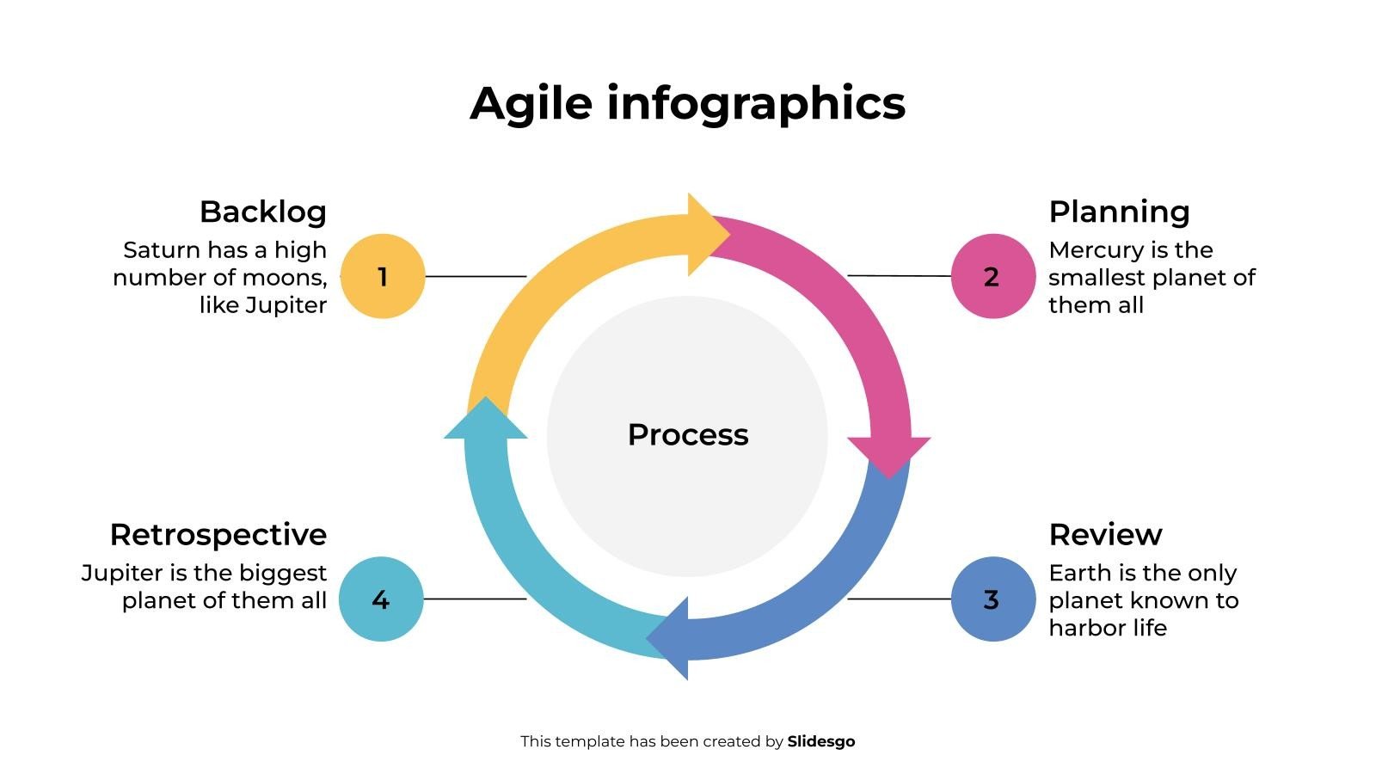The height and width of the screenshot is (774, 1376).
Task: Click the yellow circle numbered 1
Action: (383, 276)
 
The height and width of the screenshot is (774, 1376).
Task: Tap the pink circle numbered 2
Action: (992, 276)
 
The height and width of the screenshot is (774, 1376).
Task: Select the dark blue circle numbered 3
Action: (992, 599)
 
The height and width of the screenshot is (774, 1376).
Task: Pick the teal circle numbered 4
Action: (382, 599)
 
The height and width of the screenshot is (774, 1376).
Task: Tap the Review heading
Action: (1106, 535)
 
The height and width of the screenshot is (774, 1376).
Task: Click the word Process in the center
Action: (688, 435)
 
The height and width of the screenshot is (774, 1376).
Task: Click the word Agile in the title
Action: (531, 104)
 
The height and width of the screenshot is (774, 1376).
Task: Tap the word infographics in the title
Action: (756, 104)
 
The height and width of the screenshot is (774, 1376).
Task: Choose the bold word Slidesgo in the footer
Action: (821, 741)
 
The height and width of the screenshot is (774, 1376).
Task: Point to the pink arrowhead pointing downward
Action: (889, 456)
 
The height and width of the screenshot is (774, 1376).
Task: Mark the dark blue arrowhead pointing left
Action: (668, 638)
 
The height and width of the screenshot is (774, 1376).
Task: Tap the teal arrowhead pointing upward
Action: (485, 418)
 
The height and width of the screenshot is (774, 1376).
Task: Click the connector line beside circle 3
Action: (900, 599)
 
